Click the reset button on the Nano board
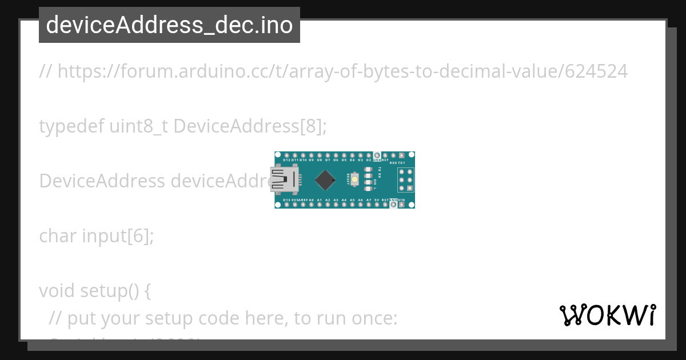354,179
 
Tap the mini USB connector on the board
284,179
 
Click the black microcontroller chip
325,180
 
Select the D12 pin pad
286,155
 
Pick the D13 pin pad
286,205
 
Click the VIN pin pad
401,205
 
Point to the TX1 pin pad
401,155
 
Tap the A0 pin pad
311,205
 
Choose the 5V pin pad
377,205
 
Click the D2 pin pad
369,155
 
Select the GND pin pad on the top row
377,155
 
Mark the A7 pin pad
369,205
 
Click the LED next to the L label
368,189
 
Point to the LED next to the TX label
368,170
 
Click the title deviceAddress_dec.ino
169,25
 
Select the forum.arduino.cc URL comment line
333,71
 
